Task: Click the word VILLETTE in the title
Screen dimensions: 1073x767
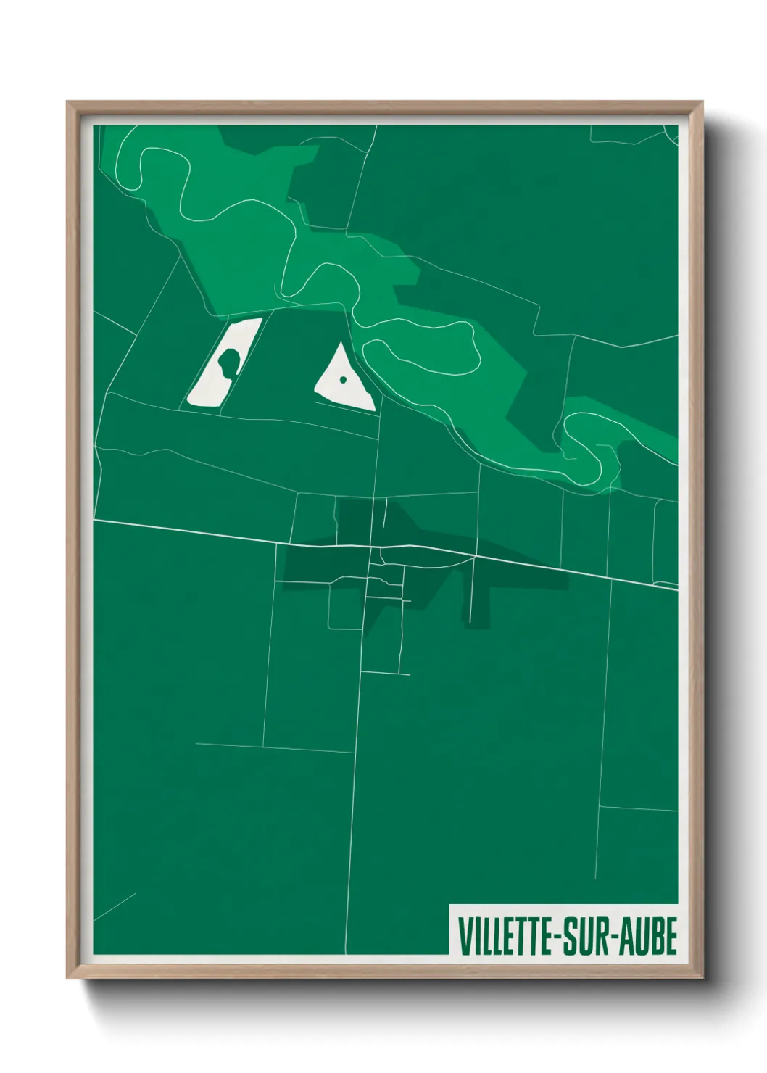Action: [x=505, y=936]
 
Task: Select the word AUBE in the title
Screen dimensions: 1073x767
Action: [x=650, y=936]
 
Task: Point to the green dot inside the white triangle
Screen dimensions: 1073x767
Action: [x=343, y=378]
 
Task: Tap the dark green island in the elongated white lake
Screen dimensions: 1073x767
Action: [x=228, y=361]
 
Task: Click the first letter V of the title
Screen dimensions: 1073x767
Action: [x=464, y=936]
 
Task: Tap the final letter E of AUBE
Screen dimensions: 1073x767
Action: [x=671, y=936]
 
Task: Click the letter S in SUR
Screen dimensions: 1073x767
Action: [x=570, y=936]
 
